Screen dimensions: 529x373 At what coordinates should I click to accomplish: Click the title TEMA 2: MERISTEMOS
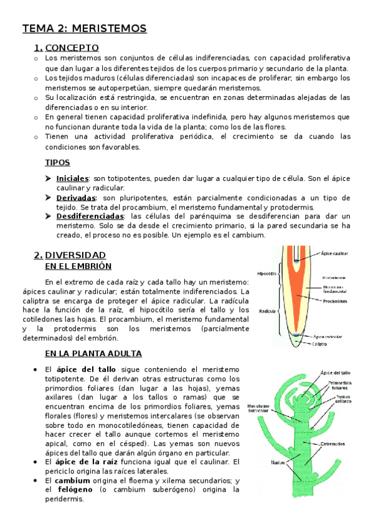84,29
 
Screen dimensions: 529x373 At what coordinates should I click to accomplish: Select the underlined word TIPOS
57,163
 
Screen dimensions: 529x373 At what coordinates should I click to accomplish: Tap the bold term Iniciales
72,178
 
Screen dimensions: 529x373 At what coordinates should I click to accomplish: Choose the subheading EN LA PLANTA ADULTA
93,353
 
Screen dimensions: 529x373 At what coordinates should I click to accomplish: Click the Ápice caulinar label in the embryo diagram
335,253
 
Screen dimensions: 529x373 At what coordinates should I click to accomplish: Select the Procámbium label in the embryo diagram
335,300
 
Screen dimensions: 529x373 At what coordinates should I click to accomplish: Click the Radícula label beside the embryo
268,310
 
